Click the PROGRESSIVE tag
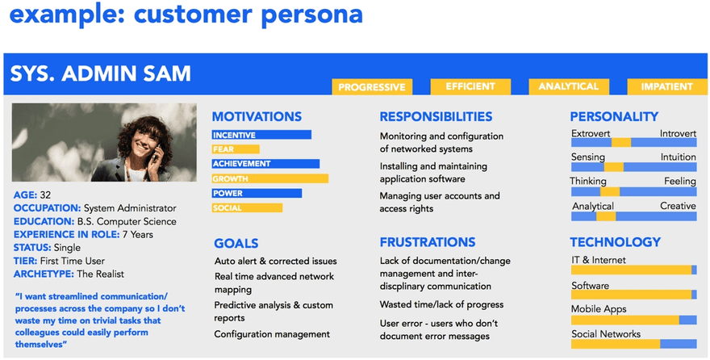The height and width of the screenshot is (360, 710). pyautogui.click(x=372, y=87)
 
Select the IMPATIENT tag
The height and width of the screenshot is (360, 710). pyautogui.click(x=666, y=86)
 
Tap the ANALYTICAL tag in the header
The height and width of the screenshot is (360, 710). pyautogui.click(x=568, y=86)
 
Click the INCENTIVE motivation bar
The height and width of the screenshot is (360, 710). pyautogui.click(x=261, y=135)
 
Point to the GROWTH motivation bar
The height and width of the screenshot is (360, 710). pyautogui.click(x=270, y=178)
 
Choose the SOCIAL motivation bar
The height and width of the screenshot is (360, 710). pyautogui.click(x=248, y=208)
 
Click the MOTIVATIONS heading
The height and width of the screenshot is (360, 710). pyautogui.click(x=257, y=117)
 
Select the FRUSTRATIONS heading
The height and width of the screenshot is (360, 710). pyautogui.click(x=427, y=242)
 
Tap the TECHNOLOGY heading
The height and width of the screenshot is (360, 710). pyautogui.click(x=615, y=242)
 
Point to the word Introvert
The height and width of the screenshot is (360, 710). pyautogui.click(x=677, y=132)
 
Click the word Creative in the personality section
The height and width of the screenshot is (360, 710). pyautogui.click(x=678, y=206)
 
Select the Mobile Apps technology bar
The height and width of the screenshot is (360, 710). pyautogui.click(x=633, y=320)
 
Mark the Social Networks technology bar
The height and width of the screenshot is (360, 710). pyautogui.click(x=633, y=345)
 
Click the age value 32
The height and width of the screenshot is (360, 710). pyautogui.click(x=45, y=195)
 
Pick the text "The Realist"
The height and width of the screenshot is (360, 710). pyautogui.click(x=100, y=273)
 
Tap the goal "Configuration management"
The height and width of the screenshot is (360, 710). pyautogui.click(x=272, y=334)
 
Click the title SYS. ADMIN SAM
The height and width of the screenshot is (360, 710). pyautogui.click(x=101, y=74)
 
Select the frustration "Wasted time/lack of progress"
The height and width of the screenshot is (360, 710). pyautogui.click(x=441, y=304)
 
